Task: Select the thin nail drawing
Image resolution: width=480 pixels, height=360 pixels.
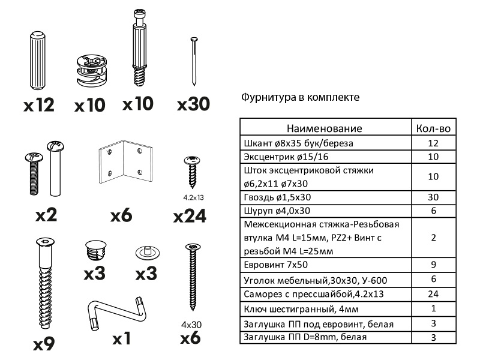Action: point(193,60)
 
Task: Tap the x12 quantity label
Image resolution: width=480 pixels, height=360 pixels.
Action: point(39,106)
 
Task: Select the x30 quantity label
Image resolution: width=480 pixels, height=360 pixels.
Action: point(193,104)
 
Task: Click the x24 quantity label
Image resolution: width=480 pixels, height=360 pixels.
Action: point(190,216)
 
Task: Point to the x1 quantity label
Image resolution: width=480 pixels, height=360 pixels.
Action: point(121,339)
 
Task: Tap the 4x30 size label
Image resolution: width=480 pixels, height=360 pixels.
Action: point(191,324)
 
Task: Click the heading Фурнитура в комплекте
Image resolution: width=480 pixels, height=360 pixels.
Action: point(300,97)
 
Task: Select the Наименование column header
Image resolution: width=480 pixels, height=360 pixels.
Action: point(324,128)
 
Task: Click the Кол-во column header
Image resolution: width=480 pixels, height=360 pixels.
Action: point(433,128)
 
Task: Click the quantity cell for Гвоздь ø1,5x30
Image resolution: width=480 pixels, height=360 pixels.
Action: point(433,197)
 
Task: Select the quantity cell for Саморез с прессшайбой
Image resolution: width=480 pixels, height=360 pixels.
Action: point(433,294)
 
